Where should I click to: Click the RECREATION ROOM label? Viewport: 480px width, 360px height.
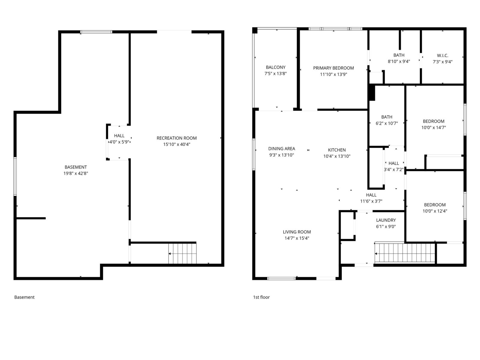coord(176,138)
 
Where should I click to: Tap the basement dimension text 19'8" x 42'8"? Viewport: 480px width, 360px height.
coord(76,173)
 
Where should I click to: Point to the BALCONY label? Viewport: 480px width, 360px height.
coord(275,67)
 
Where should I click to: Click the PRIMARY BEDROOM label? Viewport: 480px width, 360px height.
coord(333,68)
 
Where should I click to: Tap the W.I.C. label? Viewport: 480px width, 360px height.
coord(442,55)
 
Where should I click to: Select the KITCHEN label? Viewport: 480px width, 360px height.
coord(337,150)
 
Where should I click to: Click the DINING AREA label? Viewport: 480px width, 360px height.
coord(281,148)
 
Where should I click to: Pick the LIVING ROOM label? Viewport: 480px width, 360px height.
coord(296,232)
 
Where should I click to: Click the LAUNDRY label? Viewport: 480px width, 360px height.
coord(386,220)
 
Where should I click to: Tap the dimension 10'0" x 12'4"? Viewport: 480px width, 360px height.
coord(434,211)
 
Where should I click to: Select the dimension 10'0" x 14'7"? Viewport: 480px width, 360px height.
coord(433,127)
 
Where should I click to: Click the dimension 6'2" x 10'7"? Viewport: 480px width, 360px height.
coord(386,123)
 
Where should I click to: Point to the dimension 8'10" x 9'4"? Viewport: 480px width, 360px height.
coord(399,61)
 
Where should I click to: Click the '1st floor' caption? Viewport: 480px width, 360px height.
coord(261,297)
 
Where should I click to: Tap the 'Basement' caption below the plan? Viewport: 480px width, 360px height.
coord(24,297)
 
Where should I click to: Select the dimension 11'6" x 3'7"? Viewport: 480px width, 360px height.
coord(371,201)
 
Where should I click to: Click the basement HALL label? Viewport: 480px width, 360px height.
coord(119,136)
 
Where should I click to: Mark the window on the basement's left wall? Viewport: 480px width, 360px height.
coord(15,176)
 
